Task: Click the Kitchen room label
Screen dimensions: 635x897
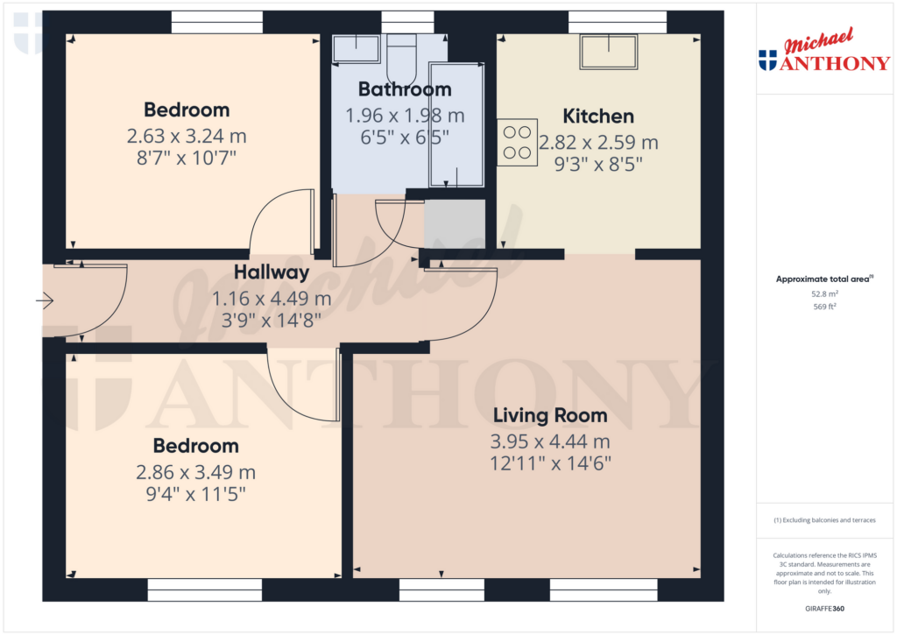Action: tap(598, 116)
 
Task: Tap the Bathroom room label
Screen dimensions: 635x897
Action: tap(405, 89)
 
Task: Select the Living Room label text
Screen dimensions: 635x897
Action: tap(549, 415)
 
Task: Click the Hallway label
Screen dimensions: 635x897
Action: tap(272, 272)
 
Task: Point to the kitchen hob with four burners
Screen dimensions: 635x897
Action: tap(517, 143)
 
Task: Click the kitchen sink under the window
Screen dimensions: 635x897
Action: tap(608, 53)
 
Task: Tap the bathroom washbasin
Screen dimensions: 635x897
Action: tap(356, 48)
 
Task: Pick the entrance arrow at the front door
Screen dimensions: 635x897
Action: tap(45, 302)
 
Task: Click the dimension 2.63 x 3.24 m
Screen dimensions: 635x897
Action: tap(187, 137)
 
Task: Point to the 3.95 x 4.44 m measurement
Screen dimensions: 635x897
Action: tap(551, 441)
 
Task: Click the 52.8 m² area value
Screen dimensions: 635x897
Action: tap(824, 293)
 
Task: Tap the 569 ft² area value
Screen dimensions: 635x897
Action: tap(824, 307)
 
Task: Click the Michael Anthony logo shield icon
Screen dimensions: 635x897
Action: tap(767, 60)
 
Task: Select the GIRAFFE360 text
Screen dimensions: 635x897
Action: tap(824, 609)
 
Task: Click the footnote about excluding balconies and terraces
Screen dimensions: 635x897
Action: tap(824, 520)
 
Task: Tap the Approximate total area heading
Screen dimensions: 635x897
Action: tap(823, 279)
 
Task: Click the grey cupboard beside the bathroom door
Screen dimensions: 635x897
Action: tap(455, 224)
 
